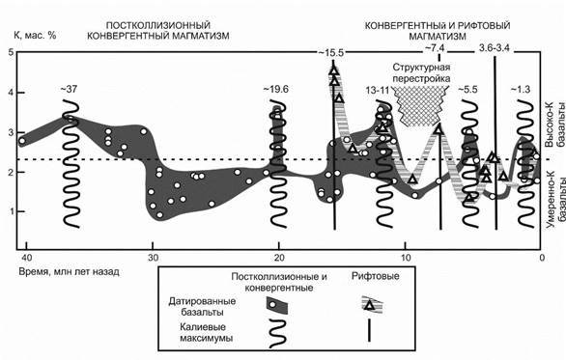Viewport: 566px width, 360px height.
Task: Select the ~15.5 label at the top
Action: pos(335,50)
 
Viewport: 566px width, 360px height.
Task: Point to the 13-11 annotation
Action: pos(380,90)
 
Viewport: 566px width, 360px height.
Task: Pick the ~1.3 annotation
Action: pos(523,90)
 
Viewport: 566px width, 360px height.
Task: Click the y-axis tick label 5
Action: pos(12,53)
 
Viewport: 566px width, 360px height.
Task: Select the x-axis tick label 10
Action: pos(407,259)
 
